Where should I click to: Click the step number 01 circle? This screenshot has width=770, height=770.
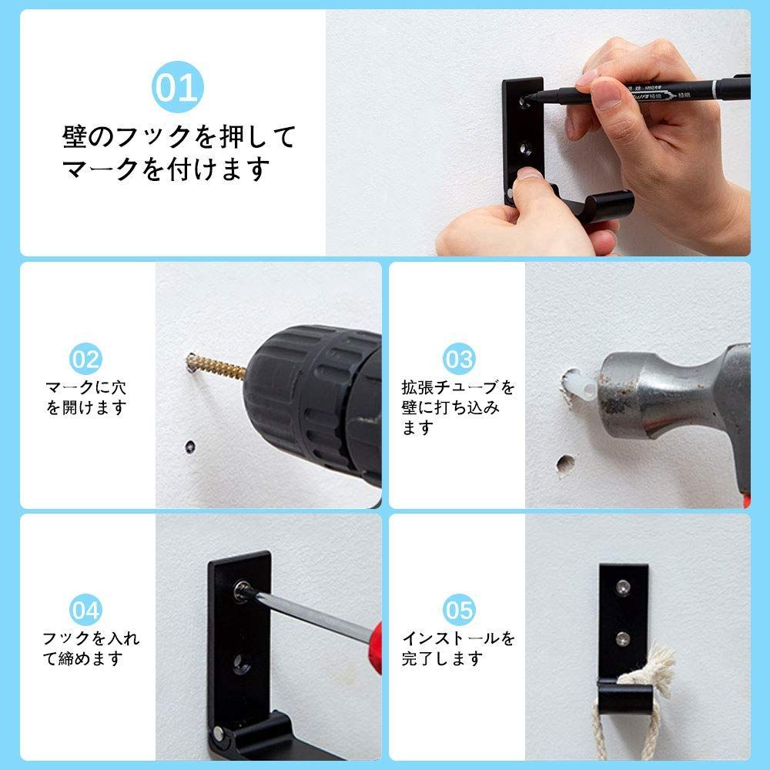tap(177, 87)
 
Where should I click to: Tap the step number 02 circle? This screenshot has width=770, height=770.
tap(85, 359)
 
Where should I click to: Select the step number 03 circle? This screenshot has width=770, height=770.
tap(459, 359)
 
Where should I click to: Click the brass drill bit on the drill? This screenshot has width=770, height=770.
tap(216, 366)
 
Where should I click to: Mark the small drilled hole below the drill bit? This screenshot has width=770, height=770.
tap(190, 447)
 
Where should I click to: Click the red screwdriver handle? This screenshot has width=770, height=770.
tap(375, 648)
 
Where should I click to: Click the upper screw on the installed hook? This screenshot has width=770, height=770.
tap(623, 587)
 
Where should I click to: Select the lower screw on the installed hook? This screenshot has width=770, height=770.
tap(623, 638)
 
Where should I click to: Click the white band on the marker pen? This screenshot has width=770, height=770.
tap(714, 90)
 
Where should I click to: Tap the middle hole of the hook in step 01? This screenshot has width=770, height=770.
tap(525, 149)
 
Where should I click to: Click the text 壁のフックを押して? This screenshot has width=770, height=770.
tap(179, 136)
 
